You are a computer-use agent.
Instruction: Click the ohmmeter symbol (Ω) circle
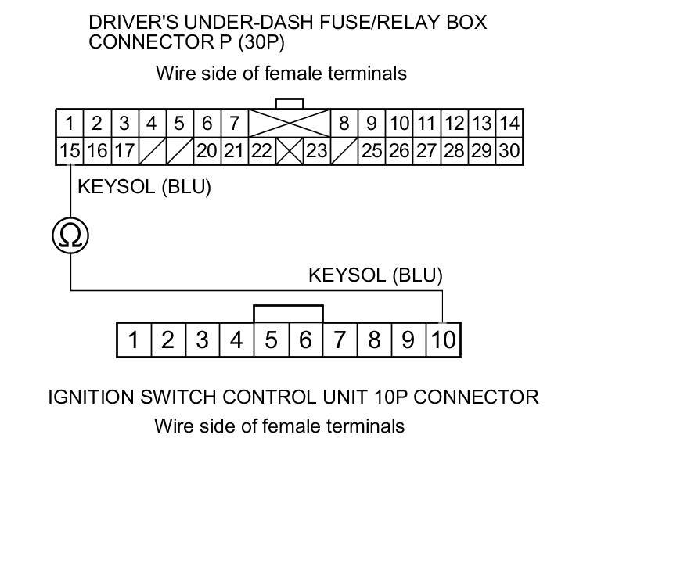70,235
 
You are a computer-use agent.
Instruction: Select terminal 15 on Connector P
70,150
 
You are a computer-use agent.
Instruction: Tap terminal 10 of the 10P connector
443,340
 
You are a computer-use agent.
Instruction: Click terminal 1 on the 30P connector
70,123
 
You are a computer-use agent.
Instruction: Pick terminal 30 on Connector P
509,150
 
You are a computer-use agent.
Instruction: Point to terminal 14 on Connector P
509,123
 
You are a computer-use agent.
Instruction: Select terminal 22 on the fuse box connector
261,150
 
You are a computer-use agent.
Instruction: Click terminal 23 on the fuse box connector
316,150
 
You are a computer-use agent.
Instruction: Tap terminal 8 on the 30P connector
344,123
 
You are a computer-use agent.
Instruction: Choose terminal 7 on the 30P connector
234,123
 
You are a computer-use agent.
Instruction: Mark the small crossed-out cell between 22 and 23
289,150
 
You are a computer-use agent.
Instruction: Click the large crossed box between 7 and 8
289,123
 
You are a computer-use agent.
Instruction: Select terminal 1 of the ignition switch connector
134,340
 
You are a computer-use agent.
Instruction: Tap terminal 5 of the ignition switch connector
271,340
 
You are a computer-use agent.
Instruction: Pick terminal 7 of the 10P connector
340,340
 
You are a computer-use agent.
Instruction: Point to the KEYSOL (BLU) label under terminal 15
144,187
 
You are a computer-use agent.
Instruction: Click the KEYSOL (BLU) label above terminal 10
375,275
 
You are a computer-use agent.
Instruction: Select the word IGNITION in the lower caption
91,397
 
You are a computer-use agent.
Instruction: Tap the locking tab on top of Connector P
289,104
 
